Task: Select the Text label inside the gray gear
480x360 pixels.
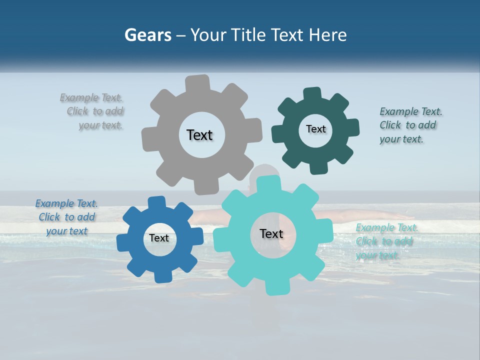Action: tap(199, 135)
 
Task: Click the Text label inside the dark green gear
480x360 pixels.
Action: tap(315, 129)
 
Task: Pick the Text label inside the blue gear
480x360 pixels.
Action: tap(159, 238)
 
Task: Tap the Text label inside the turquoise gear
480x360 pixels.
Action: tap(271, 233)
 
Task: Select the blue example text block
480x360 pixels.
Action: tap(66, 217)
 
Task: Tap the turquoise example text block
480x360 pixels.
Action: tap(385, 241)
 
